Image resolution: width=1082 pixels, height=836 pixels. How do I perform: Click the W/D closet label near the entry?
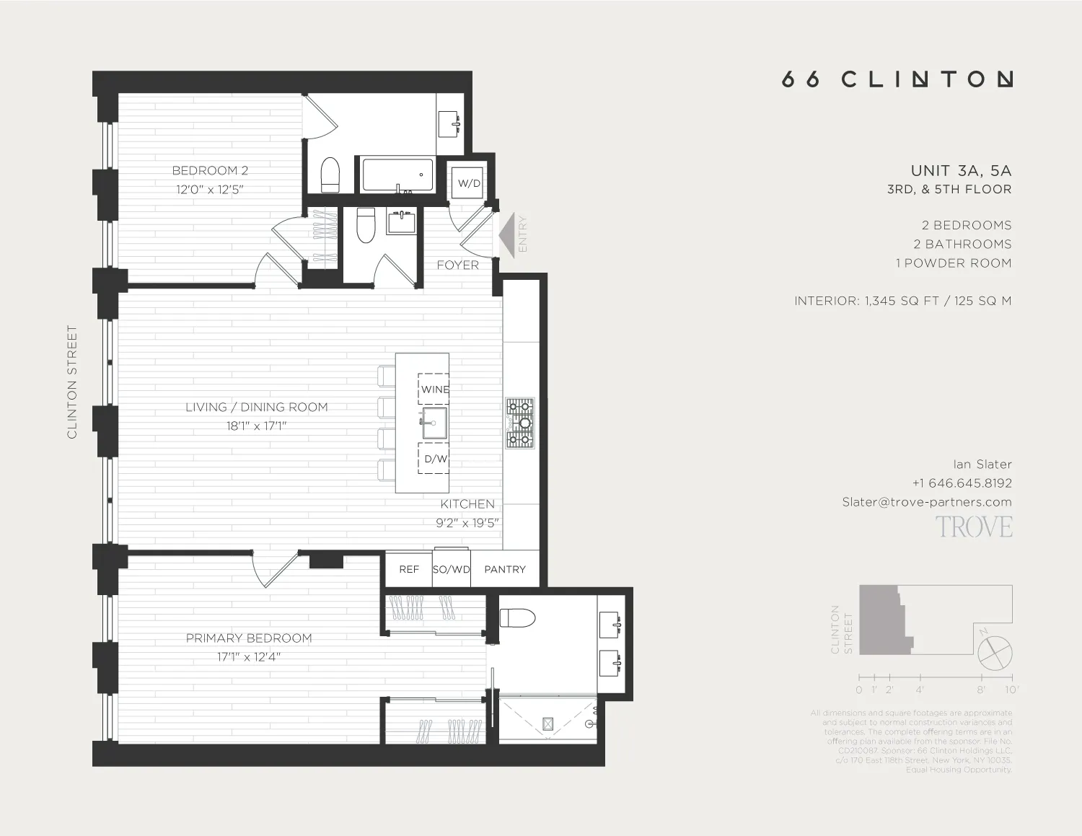[x=469, y=183]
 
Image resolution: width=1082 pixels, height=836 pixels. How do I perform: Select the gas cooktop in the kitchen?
[x=519, y=423]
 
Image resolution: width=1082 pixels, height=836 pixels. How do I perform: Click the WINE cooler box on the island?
[x=434, y=389]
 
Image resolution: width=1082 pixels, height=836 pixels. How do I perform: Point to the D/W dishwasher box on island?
[x=434, y=459]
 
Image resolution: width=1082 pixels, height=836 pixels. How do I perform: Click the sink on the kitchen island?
[x=434, y=423]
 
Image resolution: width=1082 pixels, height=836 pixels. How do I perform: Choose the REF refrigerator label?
[x=409, y=569]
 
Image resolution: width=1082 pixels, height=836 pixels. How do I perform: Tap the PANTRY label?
[x=505, y=569]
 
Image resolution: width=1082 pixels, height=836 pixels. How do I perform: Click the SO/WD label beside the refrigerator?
[x=452, y=569]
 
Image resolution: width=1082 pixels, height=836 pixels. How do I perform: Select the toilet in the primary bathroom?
[x=518, y=618]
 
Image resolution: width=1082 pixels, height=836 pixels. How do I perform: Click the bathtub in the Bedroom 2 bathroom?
[x=397, y=175]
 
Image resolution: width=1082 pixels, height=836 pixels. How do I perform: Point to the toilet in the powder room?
[x=366, y=226]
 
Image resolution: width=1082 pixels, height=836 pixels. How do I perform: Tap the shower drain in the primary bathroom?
[x=547, y=723]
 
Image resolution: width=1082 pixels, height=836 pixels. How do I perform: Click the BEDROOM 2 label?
[x=210, y=171]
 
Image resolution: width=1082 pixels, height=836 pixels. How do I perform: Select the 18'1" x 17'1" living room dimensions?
[x=256, y=426]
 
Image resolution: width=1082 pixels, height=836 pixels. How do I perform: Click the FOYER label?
[x=457, y=265]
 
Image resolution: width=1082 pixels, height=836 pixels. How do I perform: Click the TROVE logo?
[x=974, y=527]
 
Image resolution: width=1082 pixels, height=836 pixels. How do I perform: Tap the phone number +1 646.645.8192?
[x=962, y=483]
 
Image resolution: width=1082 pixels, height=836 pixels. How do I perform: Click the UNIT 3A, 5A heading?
[x=961, y=171]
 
